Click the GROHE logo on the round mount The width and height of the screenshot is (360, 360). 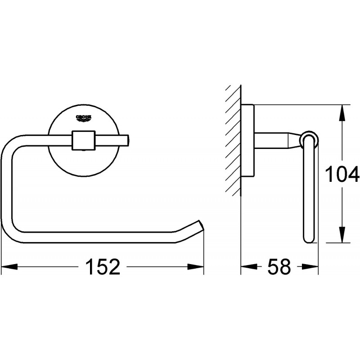(84, 118)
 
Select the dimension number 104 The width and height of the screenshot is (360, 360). (342, 174)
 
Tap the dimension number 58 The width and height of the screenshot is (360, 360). (279, 267)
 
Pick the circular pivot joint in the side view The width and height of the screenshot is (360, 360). (310, 139)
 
